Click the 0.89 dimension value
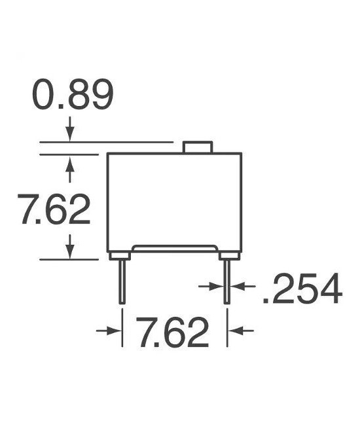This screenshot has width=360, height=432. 73,96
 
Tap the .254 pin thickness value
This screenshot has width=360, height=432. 302,289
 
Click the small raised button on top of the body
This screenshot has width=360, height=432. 197,147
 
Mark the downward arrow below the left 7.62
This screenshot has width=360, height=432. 70,247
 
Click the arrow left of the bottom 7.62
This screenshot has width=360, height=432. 110,332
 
